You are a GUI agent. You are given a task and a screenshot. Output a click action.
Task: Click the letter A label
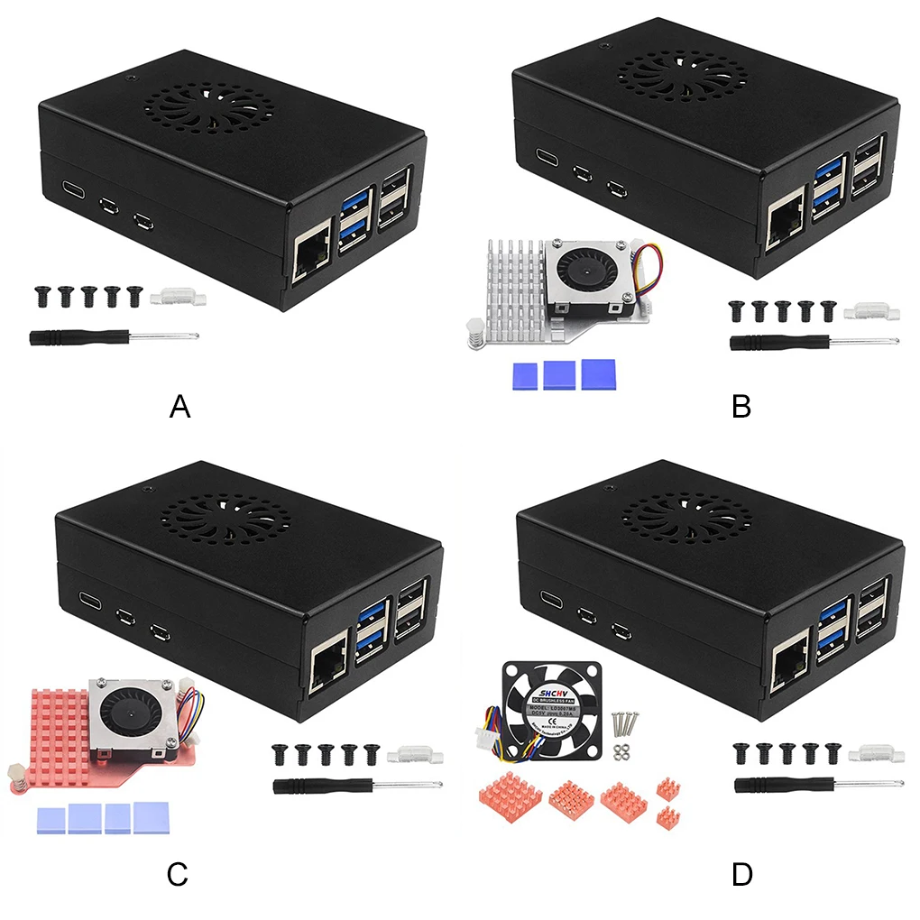pos(180,407)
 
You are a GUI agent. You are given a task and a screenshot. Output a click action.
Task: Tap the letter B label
pos(741,407)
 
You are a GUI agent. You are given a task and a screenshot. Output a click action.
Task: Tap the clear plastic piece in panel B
pos(872,312)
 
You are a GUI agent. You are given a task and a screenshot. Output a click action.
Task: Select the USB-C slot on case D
pos(550,597)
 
